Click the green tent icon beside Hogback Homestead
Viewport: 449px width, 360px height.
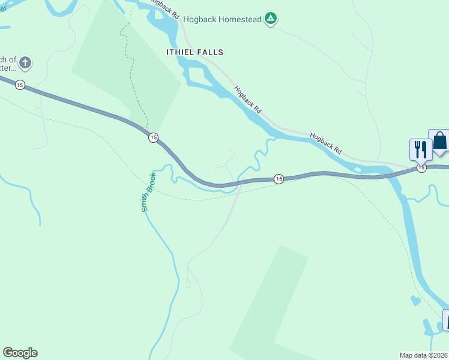click(271, 19)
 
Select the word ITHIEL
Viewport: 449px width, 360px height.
click(179, 52)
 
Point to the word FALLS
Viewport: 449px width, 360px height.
click(209, 52)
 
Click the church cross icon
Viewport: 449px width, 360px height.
click(25, 62)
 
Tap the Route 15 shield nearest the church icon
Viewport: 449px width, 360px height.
click(20, 85)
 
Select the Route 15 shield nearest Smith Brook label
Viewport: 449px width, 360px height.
click(153, 138)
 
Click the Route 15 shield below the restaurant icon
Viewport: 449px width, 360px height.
click(421, 168)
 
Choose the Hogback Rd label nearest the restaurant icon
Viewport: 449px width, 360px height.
click(325, 143)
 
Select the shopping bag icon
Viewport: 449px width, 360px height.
click(439, 141)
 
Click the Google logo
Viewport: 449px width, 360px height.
click(20, 353)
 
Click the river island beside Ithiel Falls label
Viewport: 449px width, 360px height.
click(198, 76)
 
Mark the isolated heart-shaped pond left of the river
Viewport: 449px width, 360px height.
click(415, 301)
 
